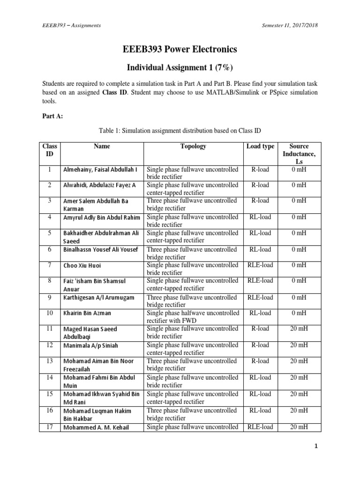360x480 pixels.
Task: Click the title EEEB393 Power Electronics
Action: click(180, 49)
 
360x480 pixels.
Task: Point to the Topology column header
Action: click(193, 146)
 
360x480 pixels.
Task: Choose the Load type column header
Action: click(260, 146)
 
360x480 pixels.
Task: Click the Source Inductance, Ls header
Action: click(299, 153)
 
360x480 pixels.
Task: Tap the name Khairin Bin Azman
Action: click(88, 313)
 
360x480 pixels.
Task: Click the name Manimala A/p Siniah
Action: click(91, 346)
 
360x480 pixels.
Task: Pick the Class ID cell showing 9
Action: click(49, 297)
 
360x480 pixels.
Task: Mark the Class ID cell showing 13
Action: click(49, 360)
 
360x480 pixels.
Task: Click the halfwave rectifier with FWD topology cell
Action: click(193, 316)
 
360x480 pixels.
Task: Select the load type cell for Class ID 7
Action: click(260, 265)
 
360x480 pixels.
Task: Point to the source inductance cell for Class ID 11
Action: click(299, 329)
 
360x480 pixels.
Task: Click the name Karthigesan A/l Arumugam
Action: click(98, 298)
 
